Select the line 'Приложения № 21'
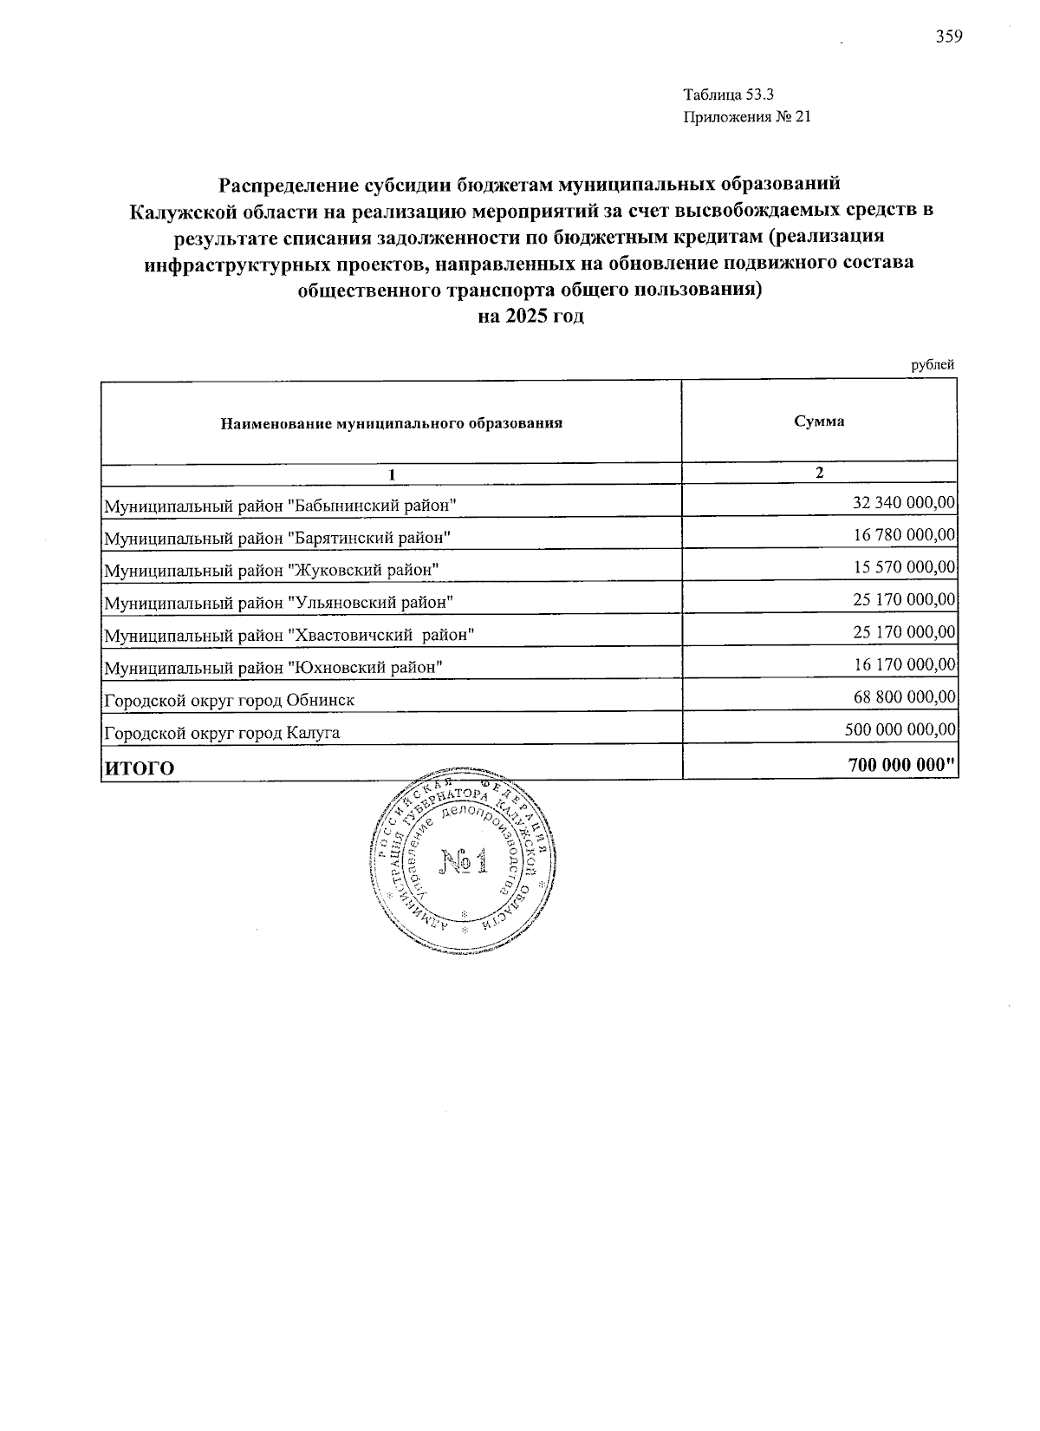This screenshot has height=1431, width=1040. (x=746, y=117)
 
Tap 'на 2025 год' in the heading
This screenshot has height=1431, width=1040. (x=531, y=316)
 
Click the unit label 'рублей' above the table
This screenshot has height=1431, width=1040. (x=933, y=365)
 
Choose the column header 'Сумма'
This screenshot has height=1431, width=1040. (x=819, y=421)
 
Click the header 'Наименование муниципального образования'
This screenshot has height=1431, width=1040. (x=392, y=423)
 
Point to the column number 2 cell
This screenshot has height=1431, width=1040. (x=819, y=473)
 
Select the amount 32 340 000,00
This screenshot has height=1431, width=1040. (x=904, y=502)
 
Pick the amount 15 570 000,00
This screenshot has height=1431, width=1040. (x=904, y=567)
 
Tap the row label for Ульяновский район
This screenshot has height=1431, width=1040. (x=279, y=602)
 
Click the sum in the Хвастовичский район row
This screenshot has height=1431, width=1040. (x=904, y=632)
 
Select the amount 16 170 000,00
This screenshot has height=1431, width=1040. (x=904, y=665)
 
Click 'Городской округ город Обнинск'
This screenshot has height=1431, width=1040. (x=229, y=700)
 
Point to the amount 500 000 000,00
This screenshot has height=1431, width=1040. (x=900, y=730)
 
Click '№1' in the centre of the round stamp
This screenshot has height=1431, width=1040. (x=465, y=861)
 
